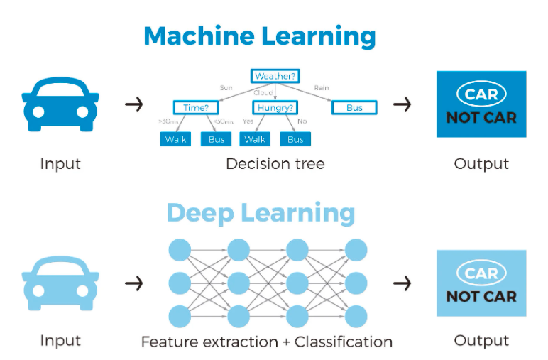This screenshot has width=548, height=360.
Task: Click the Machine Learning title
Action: click(260, 36)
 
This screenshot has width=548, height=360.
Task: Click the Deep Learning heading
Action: click(261, 212)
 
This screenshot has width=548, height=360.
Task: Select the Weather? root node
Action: click(275, 76)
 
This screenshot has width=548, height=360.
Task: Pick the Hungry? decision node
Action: click(275, 108)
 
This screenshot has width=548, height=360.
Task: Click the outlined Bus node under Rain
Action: click(354, 108)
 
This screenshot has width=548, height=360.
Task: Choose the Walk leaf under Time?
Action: click(175, 139)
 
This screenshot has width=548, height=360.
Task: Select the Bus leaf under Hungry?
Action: click(295, 139)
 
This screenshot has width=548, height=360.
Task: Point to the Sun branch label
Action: click(226, 88)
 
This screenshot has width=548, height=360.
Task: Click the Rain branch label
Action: click(322, 88)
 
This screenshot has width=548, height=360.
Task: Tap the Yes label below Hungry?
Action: click(248, 121)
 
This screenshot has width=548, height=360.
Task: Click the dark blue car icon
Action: click(60, 104)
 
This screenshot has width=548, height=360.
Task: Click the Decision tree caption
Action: click(275, 164)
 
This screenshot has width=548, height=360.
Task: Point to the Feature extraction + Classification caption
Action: click(266, 342)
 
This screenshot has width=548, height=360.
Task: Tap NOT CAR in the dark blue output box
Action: click(481, 118)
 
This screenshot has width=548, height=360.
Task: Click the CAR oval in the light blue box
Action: click(481, 273)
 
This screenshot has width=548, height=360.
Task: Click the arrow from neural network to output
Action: click(402, 283)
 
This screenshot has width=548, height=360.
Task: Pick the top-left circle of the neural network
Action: click(180, 250)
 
